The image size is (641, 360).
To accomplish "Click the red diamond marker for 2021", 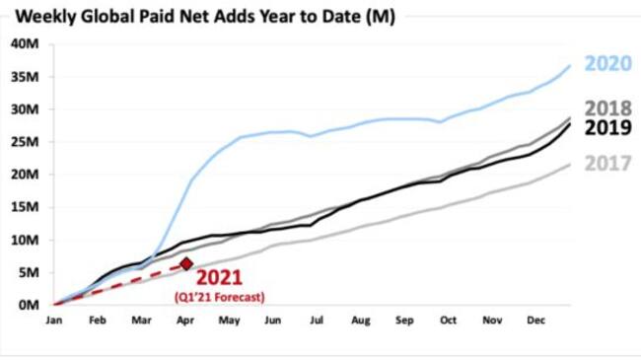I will (186, 263).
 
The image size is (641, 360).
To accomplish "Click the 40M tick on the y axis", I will (25, 44).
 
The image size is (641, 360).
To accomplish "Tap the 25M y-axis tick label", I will (25, 142).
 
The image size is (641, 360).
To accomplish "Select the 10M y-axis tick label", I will (25, 240).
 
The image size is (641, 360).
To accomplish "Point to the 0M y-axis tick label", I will (28, 305).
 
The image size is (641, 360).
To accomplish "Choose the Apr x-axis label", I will (184, 322).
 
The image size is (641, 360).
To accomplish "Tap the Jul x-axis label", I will (317, 322).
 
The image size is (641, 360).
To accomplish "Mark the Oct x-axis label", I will (449, 322).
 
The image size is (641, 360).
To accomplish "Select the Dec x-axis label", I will (536, 322).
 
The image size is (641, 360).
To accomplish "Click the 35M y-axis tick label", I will (25, 77).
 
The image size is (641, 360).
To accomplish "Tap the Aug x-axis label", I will (361, 322).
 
